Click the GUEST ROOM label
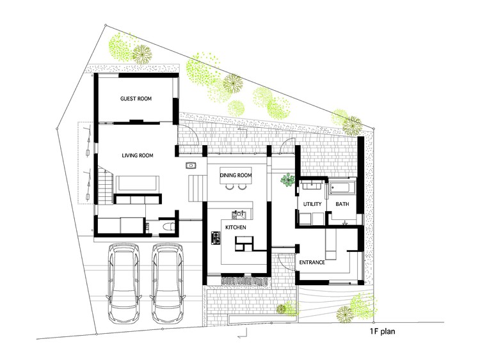coord(135,99)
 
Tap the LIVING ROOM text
coord(136,155)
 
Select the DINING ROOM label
coord(236,175)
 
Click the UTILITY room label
coord(307,204)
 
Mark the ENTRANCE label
coord(312,263)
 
